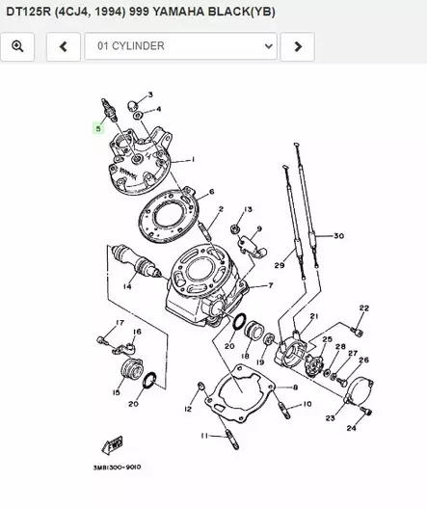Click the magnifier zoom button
[x=17, y=46]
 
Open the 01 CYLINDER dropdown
[x=180, y=46]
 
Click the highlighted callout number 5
[x=96, y=126]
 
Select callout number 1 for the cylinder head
[x=193, y=159]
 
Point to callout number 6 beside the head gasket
[x=211, y=191]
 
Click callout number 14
[x=127, y=286]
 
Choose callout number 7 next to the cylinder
[x=270, y=285]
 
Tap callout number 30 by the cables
[x=337, y=236]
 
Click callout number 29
[x=279, y=265]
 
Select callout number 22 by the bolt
[x=364, y=307]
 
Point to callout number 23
[x=330, y=418]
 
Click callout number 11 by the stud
[x=204, y=436]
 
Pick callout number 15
[x=116, y=392]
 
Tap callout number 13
[x=248, y=209]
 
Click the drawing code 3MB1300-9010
[x=118, y=467]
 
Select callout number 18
[x=246, y=356]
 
